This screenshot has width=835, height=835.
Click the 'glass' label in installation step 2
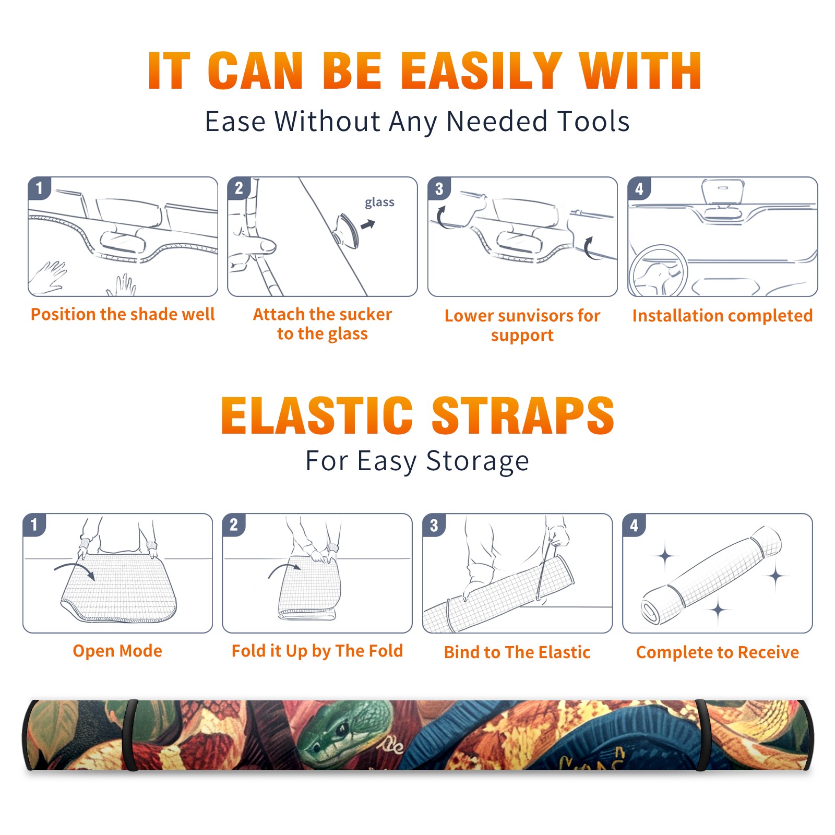[x=379, y=202]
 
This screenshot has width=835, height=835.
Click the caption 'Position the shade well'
[x=123, y=314]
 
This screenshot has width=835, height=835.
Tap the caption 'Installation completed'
[x=722, y=315]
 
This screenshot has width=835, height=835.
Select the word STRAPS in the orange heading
[x=523, y=415]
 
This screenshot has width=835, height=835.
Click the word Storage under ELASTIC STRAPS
[x=478, y=461]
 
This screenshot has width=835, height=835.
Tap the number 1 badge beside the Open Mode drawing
[x=34, y=524]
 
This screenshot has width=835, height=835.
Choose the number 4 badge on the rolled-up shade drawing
[x=634, y=525]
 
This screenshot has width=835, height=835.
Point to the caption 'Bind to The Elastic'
[x=517, y=652]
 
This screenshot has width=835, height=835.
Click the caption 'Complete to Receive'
[x=718, y=652]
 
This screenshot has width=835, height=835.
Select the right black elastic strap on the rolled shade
[x=701, y=735]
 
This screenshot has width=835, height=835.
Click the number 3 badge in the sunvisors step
[x=439, y=188]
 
